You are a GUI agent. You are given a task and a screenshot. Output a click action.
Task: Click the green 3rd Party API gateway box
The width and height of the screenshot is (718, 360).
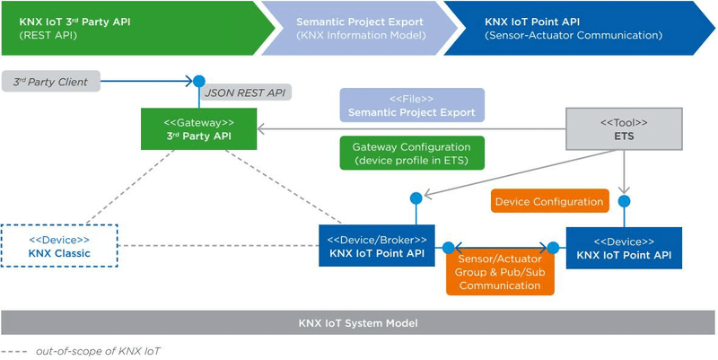coord(199,129)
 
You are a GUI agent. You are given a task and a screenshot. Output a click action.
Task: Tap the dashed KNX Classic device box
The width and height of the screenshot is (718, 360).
coord(59,247)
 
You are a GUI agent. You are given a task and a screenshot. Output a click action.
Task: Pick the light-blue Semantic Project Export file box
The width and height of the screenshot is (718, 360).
coord(412,105)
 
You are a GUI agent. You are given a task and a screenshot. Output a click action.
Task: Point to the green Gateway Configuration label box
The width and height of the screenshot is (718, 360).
coord(412,154)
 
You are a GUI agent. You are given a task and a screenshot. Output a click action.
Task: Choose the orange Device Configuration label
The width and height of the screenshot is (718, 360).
coord(549,202)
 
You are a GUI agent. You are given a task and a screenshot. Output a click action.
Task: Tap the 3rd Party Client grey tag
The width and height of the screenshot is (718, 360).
coord(51,82)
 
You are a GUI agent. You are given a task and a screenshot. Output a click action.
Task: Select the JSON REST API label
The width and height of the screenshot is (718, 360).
coord(246,92)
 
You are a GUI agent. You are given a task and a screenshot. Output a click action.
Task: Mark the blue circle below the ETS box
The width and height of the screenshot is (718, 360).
coord(625,201)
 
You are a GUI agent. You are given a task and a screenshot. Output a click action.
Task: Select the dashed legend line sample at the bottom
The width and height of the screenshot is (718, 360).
coord(16,351)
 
